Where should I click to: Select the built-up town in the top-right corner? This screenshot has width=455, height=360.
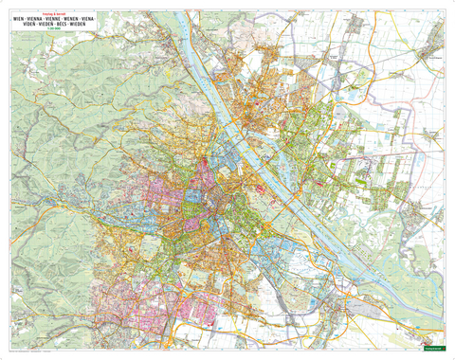pos(432,38)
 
